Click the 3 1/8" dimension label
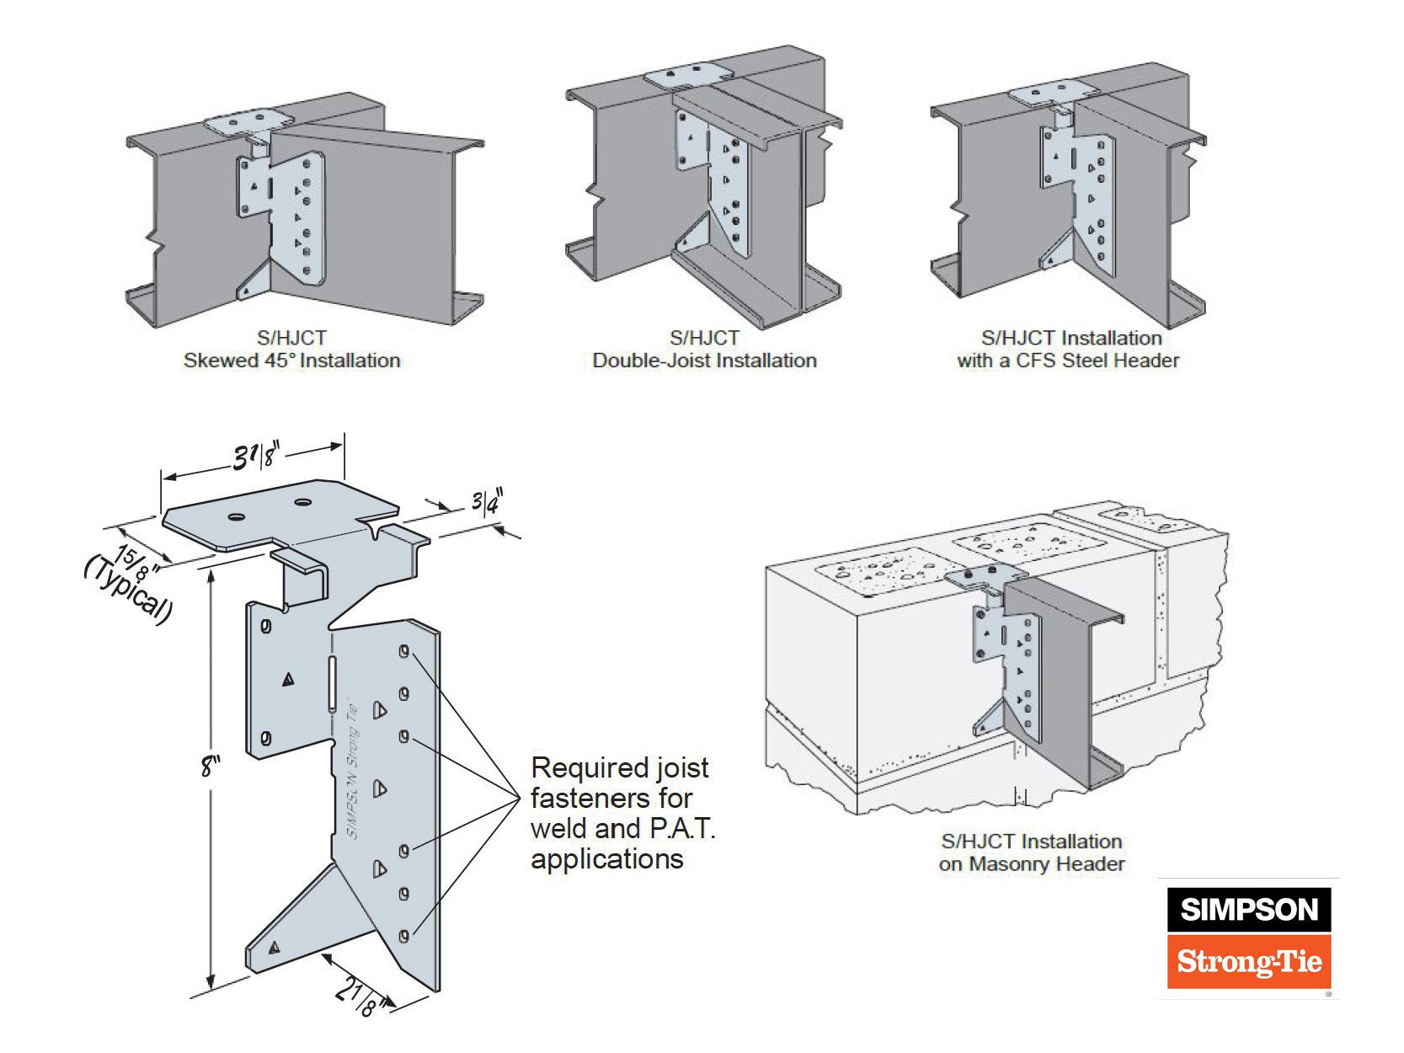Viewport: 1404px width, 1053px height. pos(255,456)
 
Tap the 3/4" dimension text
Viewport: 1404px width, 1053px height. pos(486,502)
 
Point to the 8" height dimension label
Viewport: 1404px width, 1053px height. pos(210,766)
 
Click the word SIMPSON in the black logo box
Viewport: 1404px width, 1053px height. pos(1248,910)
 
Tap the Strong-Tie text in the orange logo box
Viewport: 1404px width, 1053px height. pos(1248,961)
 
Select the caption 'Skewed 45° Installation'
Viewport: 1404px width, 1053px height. pos(291,361)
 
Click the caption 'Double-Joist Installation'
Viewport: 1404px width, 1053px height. pos(704,361)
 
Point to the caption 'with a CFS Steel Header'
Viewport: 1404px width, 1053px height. pos(1067,361)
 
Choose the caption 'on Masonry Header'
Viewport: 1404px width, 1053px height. pos(1031,863)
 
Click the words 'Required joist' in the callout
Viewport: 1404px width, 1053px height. pos(620,767)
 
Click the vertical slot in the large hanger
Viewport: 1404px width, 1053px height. pos(332,682)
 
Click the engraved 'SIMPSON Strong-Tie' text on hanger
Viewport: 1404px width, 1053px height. pos(353,771)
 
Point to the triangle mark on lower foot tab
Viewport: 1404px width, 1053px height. pos(274,949)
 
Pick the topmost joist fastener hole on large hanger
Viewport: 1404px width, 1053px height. pos(403,651)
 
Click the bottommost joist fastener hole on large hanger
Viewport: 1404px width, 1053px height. pos(403,936)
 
